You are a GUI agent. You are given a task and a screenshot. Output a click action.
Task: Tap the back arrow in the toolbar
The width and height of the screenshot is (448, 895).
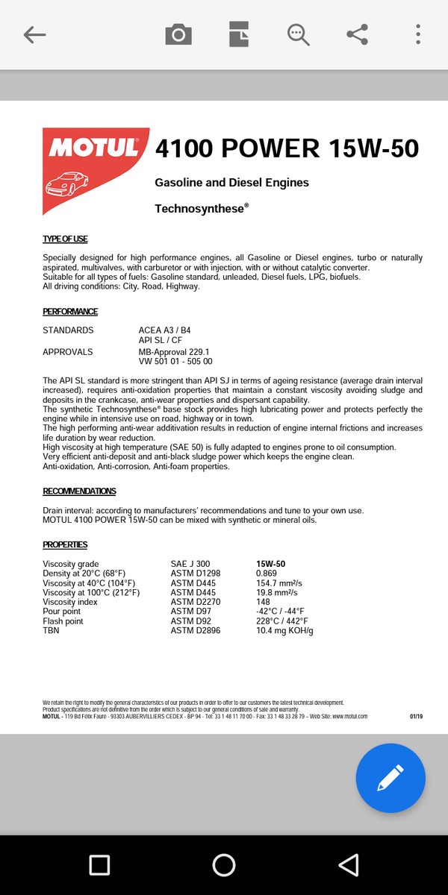pyautogui.click(x=35, y=34)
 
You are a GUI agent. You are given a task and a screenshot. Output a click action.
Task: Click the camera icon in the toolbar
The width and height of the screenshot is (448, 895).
pyautogui.click(x=178, y=34)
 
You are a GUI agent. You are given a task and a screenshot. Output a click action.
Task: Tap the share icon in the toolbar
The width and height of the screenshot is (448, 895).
pyautogui.click(x=358, y=34)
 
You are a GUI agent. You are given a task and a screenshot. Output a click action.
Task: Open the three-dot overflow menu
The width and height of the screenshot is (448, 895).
pyautogui.click(x=418, y=34)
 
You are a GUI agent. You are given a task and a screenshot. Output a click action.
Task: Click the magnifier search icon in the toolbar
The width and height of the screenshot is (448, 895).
pyautogui.click(x=298, y=34)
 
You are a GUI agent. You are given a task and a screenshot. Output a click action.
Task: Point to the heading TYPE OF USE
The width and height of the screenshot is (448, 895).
pyautogui.click(x=65, y=239)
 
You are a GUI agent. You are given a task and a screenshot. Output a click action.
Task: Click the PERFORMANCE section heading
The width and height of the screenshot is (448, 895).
pyautogui.click(x=70, y=312)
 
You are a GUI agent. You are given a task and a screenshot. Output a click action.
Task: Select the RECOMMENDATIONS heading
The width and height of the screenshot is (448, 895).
pyautogui.click(x=79, y=492)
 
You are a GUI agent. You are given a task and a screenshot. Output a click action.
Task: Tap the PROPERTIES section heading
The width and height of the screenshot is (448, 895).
pyautogui.click(x=65, y=545)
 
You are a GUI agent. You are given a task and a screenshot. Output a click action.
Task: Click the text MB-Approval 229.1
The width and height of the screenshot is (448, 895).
pyautogui.click(x=174, y=352)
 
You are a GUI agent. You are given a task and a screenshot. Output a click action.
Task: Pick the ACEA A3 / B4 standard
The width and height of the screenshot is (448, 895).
pyautogui.click(x=165, y=330)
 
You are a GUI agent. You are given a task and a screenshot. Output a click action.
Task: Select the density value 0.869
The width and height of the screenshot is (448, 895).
pyautogui.click(x=267, y=574)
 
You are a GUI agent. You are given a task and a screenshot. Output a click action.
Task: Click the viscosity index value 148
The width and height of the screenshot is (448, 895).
pyautogui.click(x=263, y=602)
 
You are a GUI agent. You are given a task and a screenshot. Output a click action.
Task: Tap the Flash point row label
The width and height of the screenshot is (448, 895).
pyautogui.click(x=63, y=621)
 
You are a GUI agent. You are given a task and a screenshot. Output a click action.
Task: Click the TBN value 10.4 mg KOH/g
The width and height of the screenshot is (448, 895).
pyautogui.click(x=284, y=631)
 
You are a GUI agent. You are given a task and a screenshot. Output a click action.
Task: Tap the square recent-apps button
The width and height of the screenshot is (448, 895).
pyautogui.click(x=99, y=865)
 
